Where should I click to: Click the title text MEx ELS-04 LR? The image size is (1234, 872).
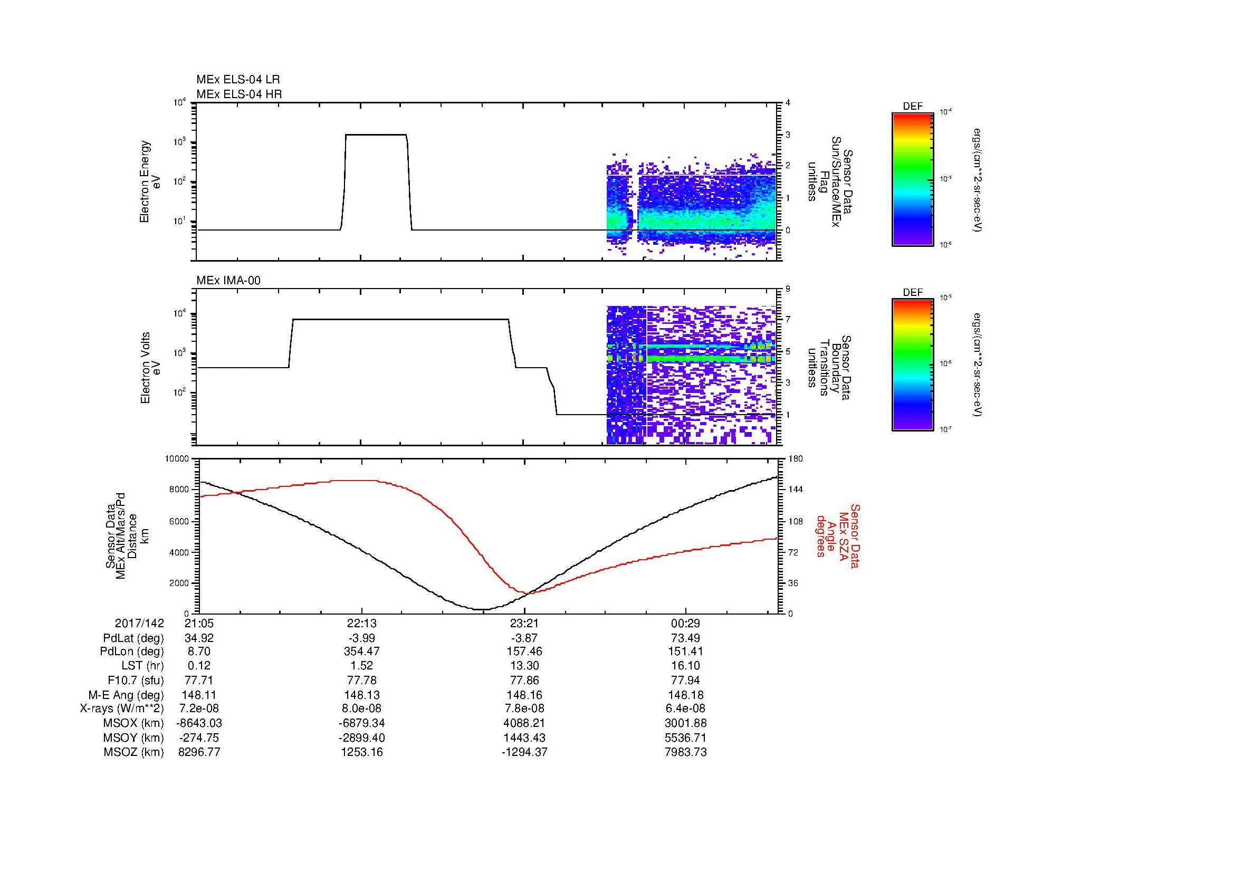(237, 80)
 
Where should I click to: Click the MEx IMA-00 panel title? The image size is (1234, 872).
(228, 281)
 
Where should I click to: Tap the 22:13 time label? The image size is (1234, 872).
(362, 623)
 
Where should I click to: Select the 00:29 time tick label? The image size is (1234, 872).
(685, 623)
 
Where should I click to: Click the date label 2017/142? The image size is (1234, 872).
(139, 623)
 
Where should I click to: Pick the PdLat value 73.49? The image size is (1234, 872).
(685, 638)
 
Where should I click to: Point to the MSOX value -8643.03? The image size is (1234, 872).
(199, 723)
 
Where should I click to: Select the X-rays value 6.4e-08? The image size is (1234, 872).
(685, 708)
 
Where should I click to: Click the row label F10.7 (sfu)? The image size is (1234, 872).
(135, 680)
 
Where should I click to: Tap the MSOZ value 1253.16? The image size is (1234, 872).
(362, 752)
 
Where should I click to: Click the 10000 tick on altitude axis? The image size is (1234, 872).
(177, 459)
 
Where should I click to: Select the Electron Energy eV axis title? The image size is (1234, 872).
(150, 181)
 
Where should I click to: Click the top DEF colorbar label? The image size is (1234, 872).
(912, 107)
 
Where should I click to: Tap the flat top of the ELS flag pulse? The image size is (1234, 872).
(376, 135)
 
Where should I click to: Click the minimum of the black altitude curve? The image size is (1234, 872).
(482, 609)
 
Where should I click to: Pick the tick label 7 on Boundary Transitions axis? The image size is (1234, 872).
(788, 320)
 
